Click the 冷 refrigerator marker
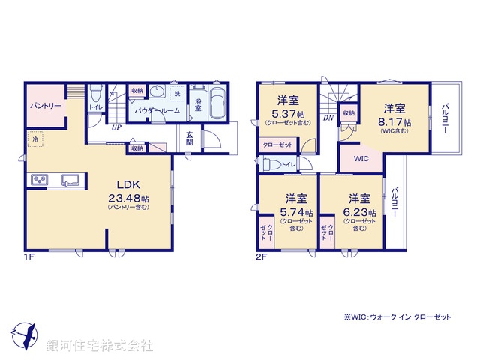click(35, 139)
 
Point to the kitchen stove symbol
click(40, 180)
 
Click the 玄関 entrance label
click(190, 139)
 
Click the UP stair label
click(116, 127)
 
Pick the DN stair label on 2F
click(328, 118)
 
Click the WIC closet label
click(360, 159)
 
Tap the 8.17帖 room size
click(397, 121)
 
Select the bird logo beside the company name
click(24, 333)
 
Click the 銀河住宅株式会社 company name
click(100, 346)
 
